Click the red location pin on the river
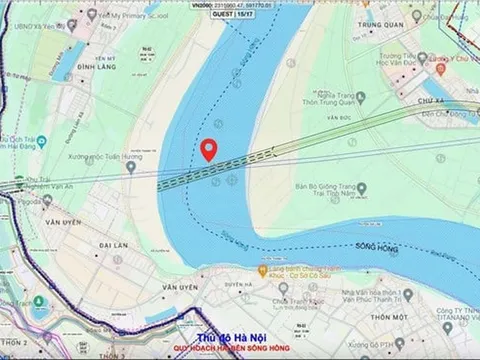click(x=208, y=150)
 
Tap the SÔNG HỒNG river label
click(x=378, y=245)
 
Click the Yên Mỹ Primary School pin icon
click(x=91, y=15)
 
